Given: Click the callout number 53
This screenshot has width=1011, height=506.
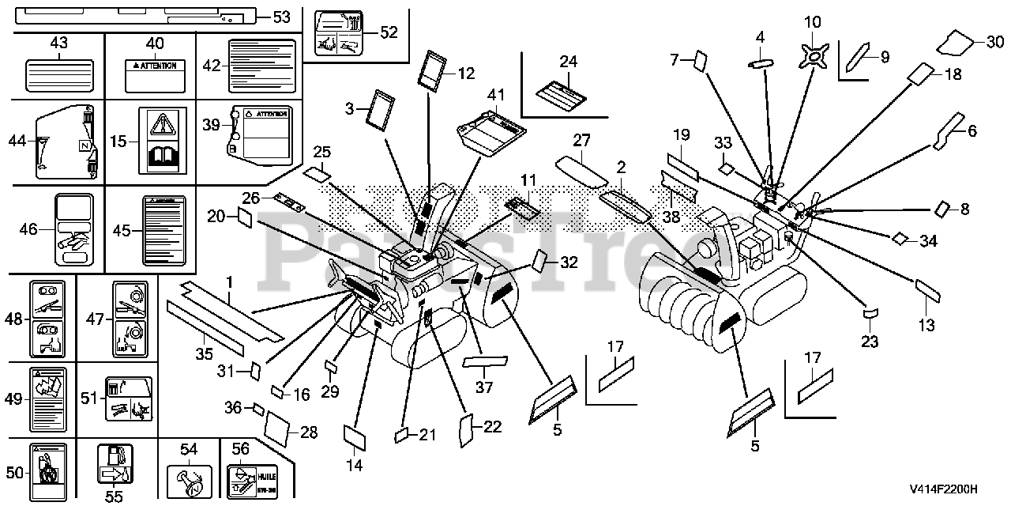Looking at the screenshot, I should [281, 15].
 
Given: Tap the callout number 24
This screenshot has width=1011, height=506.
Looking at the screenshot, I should [569, 61].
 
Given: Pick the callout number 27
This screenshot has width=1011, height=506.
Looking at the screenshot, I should [581, 141].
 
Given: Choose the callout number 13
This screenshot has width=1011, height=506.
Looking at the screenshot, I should [926, 324].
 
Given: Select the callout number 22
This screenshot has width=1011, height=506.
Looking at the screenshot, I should [492, 426].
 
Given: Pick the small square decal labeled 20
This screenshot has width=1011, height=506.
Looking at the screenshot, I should [245, 219].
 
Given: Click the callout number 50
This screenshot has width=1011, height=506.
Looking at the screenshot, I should [15, 472].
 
